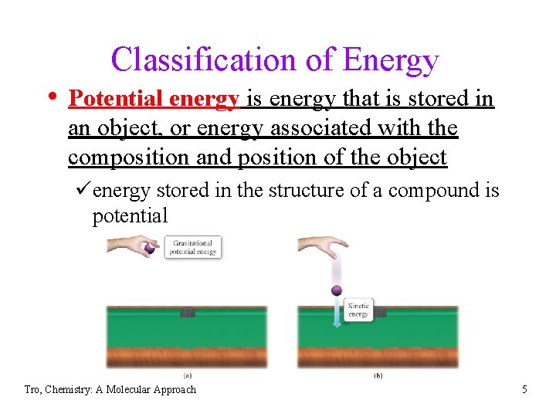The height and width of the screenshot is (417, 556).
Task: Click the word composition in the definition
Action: tap(129, 158)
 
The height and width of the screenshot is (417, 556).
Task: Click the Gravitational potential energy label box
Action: tap(193, 247)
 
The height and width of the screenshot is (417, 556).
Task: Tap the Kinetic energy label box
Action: tap(358, 310)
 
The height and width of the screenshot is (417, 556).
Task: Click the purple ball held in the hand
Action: tap(149, 249)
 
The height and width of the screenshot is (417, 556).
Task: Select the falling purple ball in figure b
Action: tap(336, 291)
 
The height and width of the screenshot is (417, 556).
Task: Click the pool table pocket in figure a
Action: tap(188, 312)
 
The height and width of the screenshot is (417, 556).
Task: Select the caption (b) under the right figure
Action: tap(378, 375)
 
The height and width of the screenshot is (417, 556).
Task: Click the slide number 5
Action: tap(524, 389)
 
